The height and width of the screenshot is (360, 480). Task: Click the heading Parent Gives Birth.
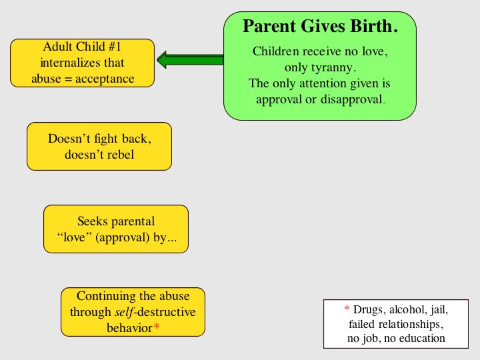pyautogui.click(x=320, y=27)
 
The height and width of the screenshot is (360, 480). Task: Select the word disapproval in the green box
pyautogui.click(x=352, y=100)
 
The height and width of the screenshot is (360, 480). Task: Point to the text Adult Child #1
pyautogui.click(x=82, y=47)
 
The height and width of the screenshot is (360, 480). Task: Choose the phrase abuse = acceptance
pyautogui.click(x=83, y=79)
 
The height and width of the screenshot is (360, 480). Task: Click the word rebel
pyautogui.click(x=119, y=155)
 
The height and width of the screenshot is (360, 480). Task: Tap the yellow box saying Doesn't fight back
pyautogui.click(x=99, y=146)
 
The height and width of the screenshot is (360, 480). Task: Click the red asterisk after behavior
pyautogui.click(x=157, y=328)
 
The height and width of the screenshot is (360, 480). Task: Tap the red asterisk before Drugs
pyautogui.click(x=347, y=310)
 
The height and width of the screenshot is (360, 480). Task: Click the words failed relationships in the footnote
pyautogui.click(x=396, y=324)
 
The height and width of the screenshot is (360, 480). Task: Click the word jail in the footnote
pyautogui.click(x=437, y=310)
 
